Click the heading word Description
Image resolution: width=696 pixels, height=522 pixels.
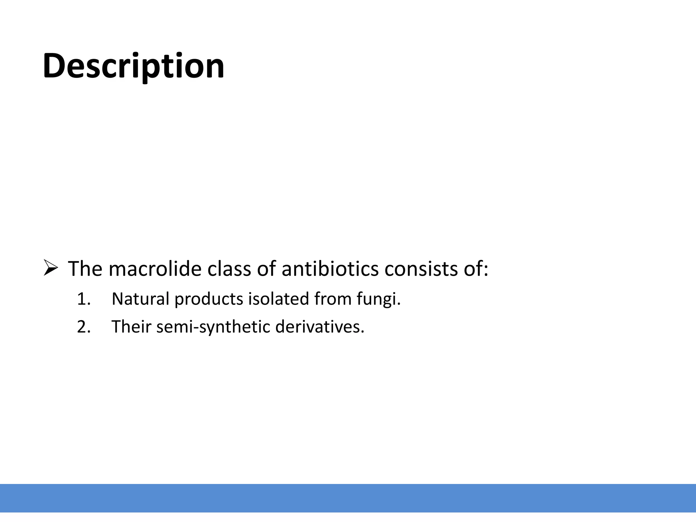[133, 66]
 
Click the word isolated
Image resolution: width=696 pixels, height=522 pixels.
[278, 299]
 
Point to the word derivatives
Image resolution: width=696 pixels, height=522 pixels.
[319, 327]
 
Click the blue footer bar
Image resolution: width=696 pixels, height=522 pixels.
[348, 498]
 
